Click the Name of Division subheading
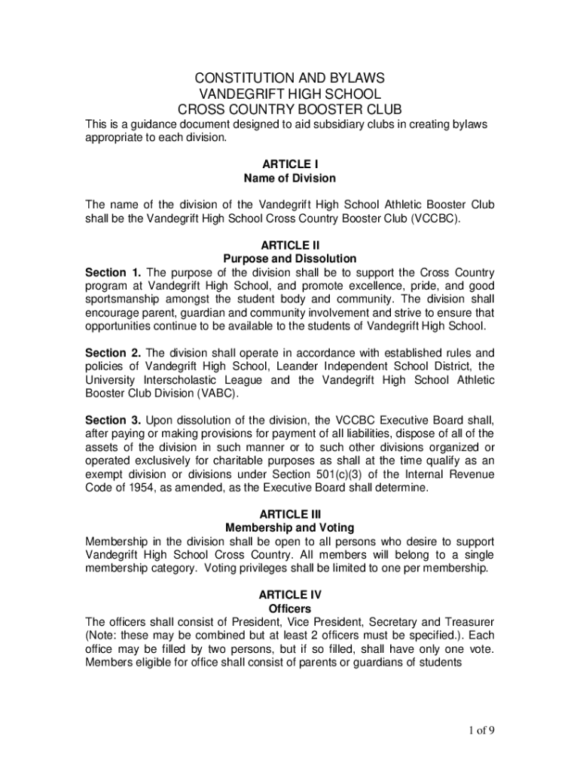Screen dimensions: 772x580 [289, 179]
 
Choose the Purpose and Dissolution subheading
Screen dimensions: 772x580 [289, 259]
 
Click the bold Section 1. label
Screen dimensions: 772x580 [113, 272]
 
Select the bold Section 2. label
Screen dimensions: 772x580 [113, 352]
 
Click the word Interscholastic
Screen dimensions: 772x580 [193, 379]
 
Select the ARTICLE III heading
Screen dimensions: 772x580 [289, 513]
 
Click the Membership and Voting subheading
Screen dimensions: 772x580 [289, 528]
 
